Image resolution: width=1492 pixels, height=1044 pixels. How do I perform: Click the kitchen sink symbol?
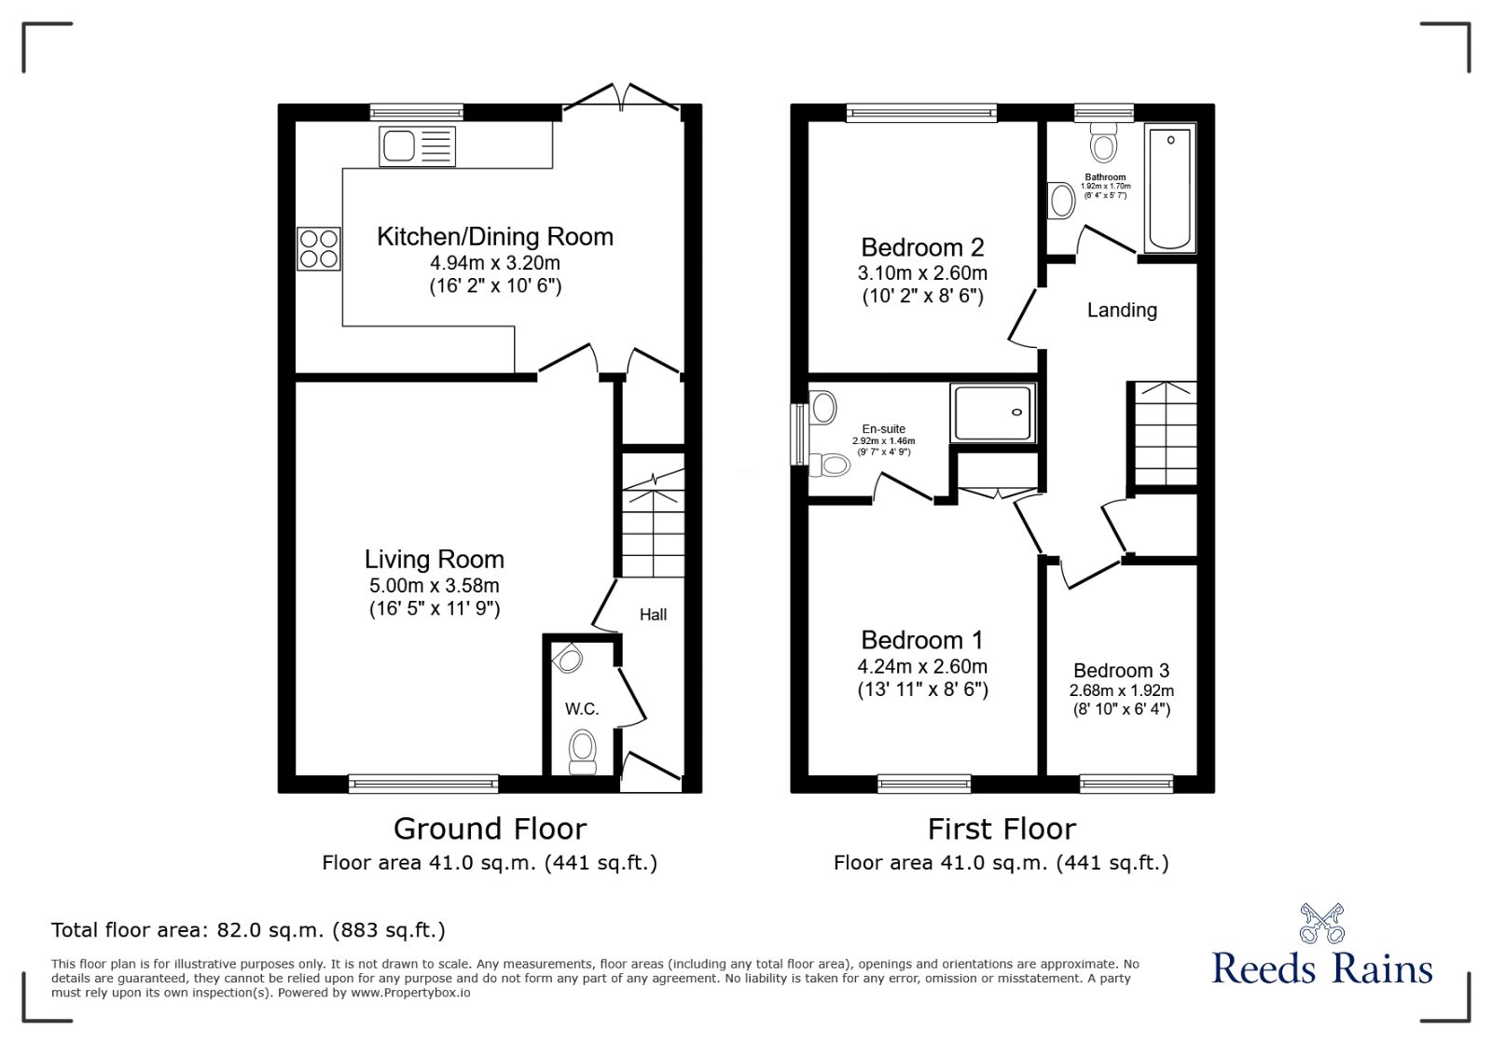[418, 146]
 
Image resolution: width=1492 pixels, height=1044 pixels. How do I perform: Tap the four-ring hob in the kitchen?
[318, 248]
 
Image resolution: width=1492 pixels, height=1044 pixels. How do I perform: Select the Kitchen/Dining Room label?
[495, 237]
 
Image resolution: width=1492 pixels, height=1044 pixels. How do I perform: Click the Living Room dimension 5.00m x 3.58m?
[435, 586]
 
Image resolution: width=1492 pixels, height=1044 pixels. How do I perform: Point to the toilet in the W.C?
[583, 753]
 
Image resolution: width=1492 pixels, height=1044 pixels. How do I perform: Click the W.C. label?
[582, 709]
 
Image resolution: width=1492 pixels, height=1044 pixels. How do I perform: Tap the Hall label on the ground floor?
[653, 614]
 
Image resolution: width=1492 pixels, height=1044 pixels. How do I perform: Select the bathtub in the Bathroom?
[1170, 188]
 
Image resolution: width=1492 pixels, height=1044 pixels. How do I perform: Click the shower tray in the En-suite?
[992, 412]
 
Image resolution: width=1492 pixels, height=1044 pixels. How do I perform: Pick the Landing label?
[1123, 310]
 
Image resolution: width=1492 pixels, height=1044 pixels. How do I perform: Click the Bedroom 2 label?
[922, 247]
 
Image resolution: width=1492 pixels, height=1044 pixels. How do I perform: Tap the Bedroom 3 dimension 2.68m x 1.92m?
[1122, 691]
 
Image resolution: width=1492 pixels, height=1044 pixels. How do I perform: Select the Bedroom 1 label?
[922, 640]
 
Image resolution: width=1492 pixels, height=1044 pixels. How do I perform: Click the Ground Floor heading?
[490, 828]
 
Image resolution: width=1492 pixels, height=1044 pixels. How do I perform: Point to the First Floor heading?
[1002, 828]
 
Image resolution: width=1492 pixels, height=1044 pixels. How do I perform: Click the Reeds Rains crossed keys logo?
[1322, 924]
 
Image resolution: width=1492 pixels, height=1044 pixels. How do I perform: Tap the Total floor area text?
[248, 930]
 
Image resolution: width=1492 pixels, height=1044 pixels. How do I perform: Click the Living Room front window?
[423, 784]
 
